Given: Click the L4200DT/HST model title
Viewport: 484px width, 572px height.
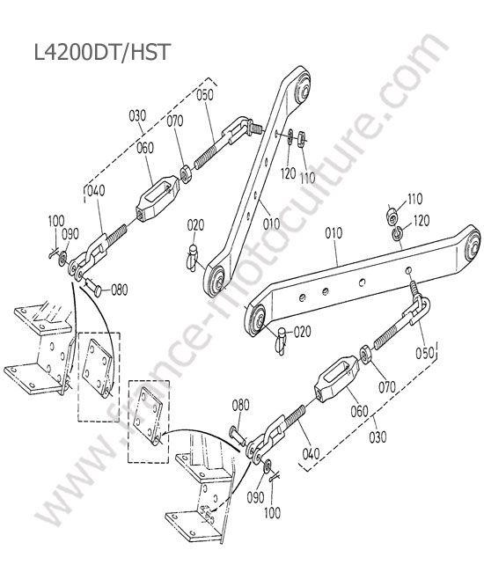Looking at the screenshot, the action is pos(102,52).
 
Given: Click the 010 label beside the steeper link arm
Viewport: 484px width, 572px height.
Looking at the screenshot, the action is pos(271,224).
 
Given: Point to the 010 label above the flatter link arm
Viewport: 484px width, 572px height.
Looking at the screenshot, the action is pos(334,232).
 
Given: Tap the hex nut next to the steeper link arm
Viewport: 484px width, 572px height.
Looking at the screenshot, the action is pos(301,139).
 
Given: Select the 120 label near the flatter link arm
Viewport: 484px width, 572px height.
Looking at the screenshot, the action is pos(422,220).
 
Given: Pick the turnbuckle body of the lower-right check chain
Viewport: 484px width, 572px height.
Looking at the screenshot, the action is pos(337,379).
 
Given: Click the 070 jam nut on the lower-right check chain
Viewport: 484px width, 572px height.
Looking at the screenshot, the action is pos(365,353).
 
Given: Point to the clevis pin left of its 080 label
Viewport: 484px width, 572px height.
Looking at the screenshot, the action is pos(94,286).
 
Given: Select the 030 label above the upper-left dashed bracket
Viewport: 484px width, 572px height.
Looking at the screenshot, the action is pos(137,115).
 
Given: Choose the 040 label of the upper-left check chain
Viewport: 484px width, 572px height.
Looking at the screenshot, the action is pos(96,190).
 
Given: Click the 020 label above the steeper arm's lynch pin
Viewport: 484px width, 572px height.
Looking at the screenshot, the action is pos(195,225).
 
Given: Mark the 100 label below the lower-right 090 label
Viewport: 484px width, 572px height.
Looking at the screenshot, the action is pos(272,512).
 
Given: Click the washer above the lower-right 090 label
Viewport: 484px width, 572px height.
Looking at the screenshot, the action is pos(267,466).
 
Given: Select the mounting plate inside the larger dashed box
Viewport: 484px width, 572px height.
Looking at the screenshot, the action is pos(97,368).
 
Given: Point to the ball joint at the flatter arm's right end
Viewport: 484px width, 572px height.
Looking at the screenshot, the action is pos(472,246).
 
